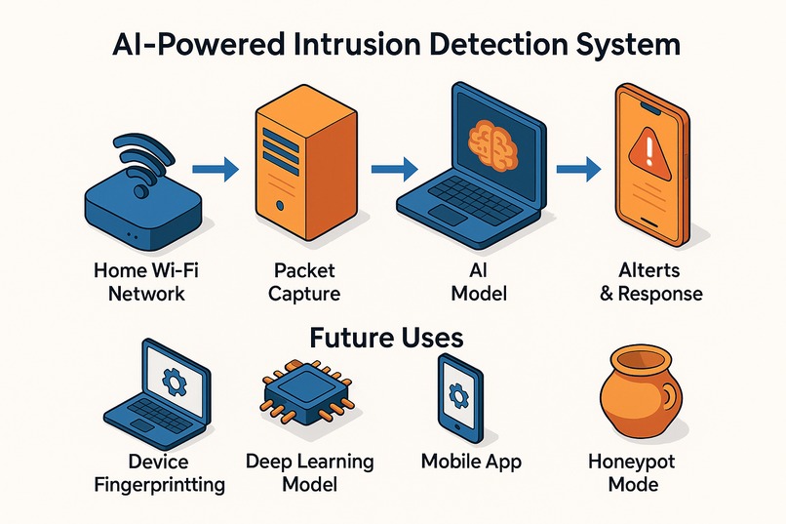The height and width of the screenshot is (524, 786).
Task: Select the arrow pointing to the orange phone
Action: pos(576,169)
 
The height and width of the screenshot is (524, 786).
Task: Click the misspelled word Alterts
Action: pos(648,268)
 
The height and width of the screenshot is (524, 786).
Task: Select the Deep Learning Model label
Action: pos(310,471)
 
